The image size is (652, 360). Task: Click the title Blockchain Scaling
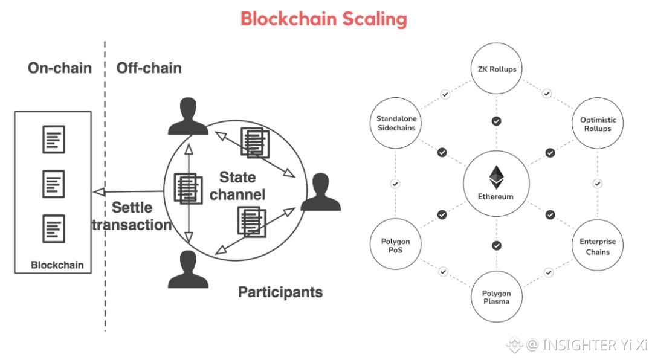point(323,19)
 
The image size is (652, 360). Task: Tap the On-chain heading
point(60,68)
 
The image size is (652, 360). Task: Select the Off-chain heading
point(149,68)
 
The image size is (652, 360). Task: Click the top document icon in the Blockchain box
point(54,140)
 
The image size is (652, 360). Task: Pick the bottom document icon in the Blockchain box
point(54,229)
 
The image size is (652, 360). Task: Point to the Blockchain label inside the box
point(57,265)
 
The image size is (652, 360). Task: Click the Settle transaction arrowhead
point(99,192)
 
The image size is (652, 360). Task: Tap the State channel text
point(237,186)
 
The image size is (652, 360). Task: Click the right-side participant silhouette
point(321,192)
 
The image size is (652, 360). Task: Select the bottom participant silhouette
point(188,269)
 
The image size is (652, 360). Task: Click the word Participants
point(280,292)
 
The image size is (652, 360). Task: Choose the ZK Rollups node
point(497,69)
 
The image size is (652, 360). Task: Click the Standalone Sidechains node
point(395,123)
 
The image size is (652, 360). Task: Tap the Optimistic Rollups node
point(598,123)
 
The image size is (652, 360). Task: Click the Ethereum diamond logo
point(496,177)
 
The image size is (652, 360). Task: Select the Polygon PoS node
point(395,245)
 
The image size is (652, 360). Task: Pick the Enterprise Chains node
point(598,245)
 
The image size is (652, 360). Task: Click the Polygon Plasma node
point(497,297)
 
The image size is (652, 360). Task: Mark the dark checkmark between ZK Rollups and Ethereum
point(497,121)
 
